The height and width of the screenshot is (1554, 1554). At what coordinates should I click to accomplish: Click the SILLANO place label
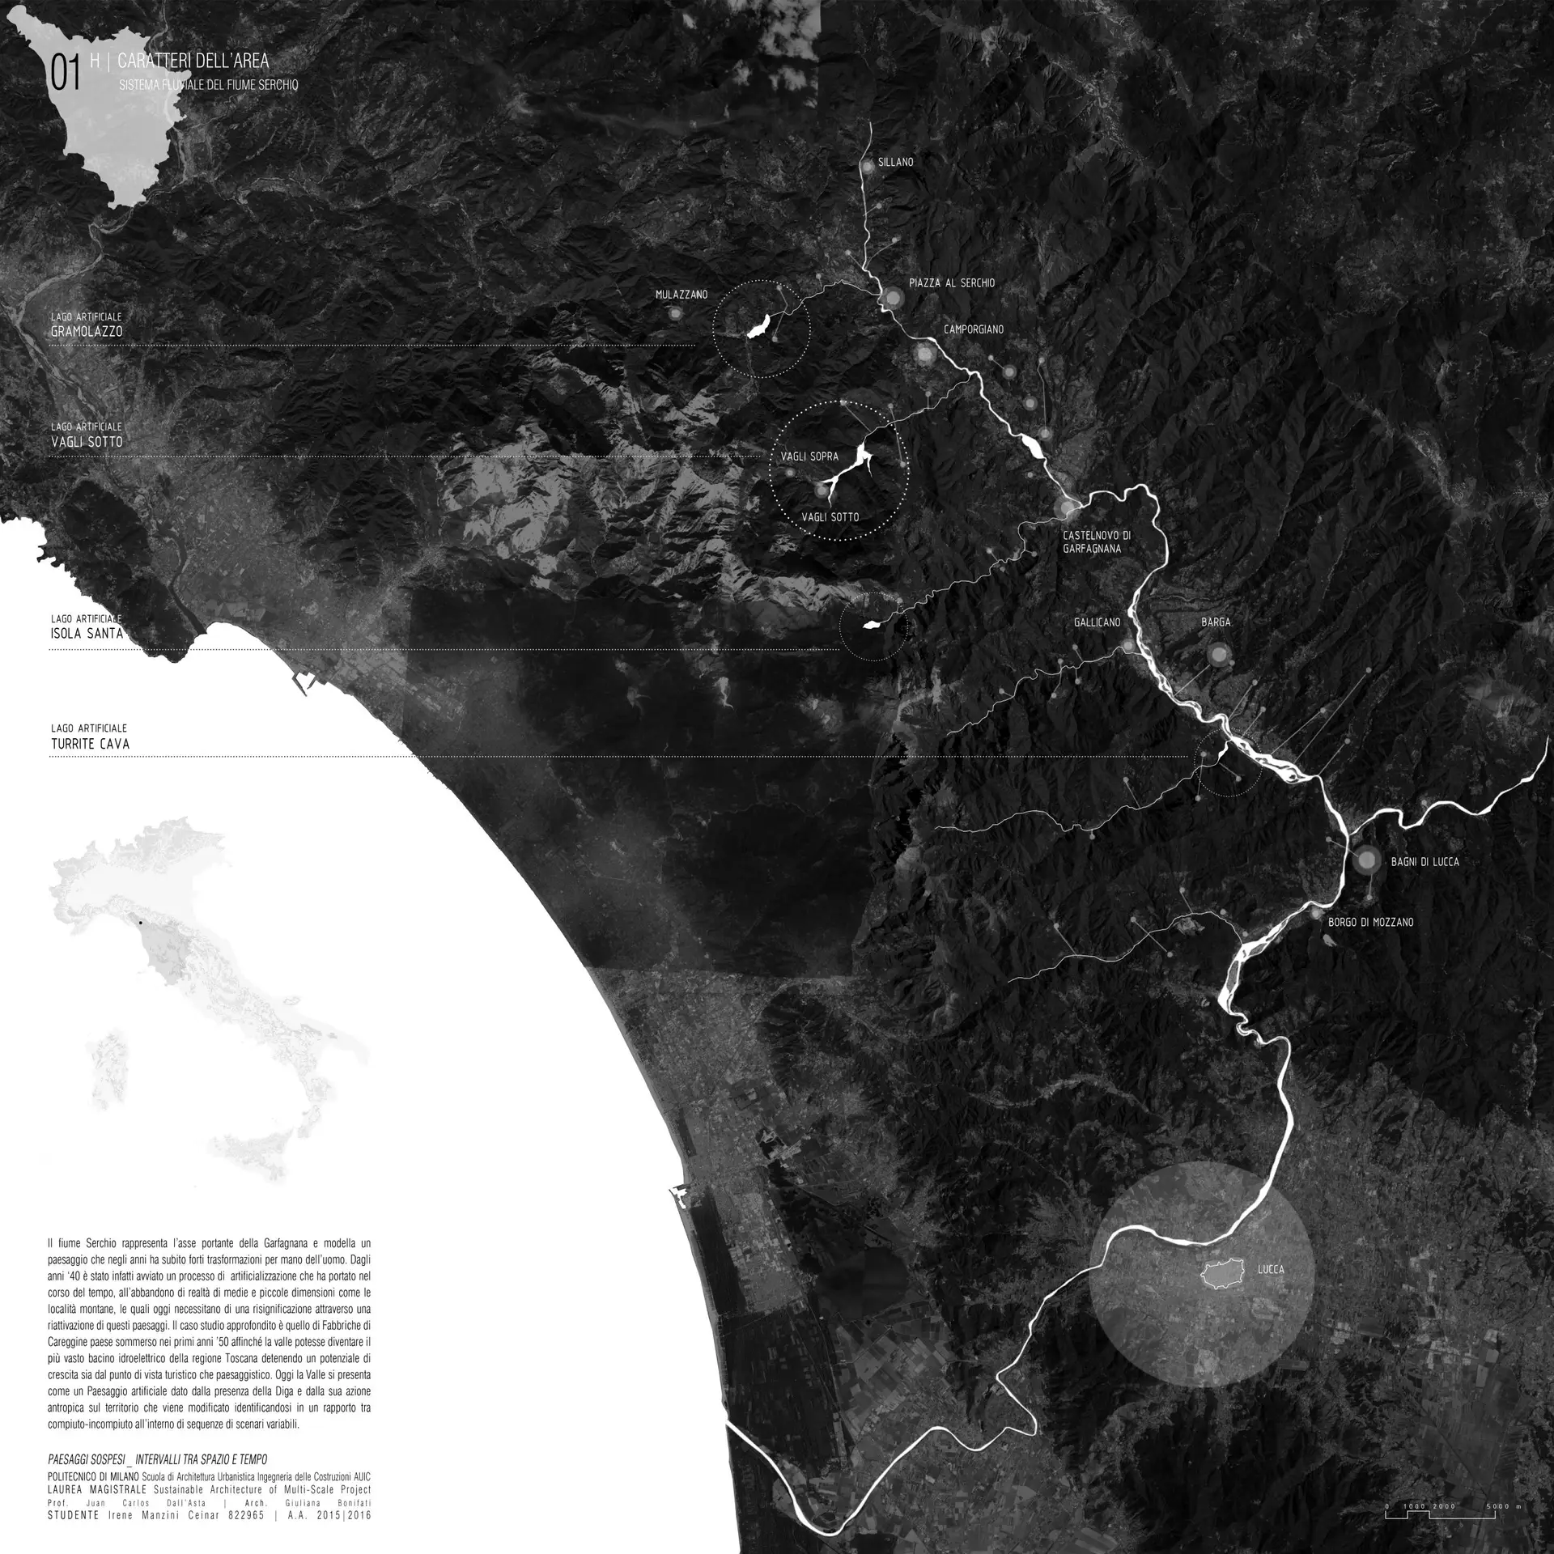(x=895, y=163)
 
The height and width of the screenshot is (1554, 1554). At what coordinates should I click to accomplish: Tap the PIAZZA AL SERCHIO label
(x=951, y=283)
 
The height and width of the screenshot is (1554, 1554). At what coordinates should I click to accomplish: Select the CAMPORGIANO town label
(x=973, y=330)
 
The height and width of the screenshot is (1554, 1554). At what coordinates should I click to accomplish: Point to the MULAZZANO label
(x=681, y=295)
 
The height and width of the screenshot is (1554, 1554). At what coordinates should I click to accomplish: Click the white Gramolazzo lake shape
(x=758, y=328)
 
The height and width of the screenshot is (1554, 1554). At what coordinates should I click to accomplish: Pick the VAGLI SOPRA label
(x=809, y=456)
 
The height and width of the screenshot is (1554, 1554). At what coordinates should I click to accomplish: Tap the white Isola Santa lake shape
(x=873, y=624)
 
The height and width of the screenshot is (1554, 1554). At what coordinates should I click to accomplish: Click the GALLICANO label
(x=1097, y=622)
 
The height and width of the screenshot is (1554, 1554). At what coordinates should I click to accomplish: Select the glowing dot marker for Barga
(x=1217, y=655)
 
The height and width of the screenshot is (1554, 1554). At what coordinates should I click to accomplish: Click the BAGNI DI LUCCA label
(x=1424, y=862)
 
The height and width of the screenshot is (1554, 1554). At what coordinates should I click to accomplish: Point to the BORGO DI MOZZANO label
(x=1370, y=922)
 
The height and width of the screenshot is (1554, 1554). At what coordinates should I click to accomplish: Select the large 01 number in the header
(x=66, y=74)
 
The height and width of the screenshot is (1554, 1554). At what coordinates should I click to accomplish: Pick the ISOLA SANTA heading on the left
(x=87, y=634)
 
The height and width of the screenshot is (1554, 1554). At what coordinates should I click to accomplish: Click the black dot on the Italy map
(x=140, y=923)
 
